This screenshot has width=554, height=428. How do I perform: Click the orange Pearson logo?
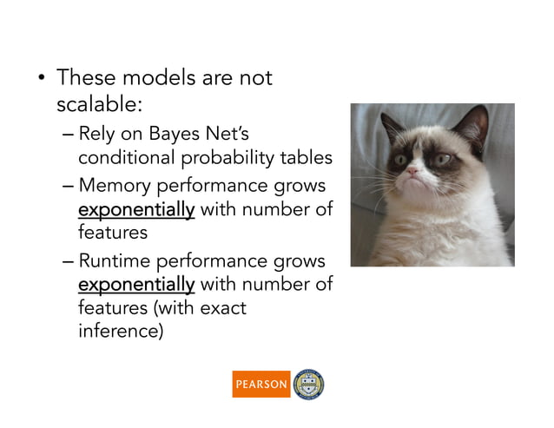pyautogui.click(x=261, y=384)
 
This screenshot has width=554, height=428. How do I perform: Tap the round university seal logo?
pyautogui.click(x=310, y=384)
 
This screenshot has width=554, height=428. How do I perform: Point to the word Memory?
pyautogui.click(x=111, y=187)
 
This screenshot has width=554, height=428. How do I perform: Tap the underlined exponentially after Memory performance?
pyautogui.click(x=136, y=210)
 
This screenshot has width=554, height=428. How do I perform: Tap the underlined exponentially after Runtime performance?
pyautogui.click(x=136, y=285)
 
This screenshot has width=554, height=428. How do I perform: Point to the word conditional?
pyautogui.click(x=127, y=158)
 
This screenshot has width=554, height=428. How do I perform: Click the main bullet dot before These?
pyautogui.click(x=40, y=80)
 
